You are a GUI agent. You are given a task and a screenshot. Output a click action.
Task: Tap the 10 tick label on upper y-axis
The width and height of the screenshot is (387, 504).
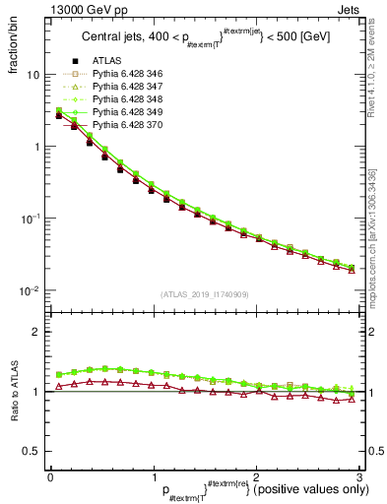point(32,75)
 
